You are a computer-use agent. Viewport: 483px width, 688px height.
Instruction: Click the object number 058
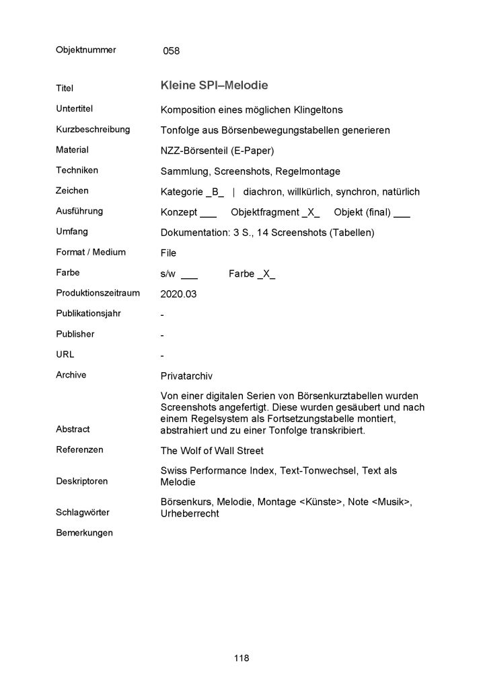pos(171,50)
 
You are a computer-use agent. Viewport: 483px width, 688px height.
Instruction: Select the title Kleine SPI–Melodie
pos(215,86)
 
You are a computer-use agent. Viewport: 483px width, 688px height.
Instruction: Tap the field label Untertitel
pos(75,109)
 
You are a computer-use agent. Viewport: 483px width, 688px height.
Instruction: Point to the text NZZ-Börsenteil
pos(192,150)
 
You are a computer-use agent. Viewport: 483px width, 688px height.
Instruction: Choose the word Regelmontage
pos(309,171)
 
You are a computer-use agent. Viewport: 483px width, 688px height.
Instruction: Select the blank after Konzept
pos(208,214)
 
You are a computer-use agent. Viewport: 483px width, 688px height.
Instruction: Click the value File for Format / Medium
pos(168,253)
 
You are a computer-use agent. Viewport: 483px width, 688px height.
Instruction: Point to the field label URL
pos(65,354)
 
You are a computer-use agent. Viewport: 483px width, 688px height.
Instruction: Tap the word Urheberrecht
pos(190,513)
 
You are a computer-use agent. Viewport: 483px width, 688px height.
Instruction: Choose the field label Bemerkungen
pos(85,533)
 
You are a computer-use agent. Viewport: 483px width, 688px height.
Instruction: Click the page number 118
pos(241,658)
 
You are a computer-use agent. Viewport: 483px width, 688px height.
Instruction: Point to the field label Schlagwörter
pos(83,512)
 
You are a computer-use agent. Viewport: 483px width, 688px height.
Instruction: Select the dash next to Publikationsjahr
pos(163,314)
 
